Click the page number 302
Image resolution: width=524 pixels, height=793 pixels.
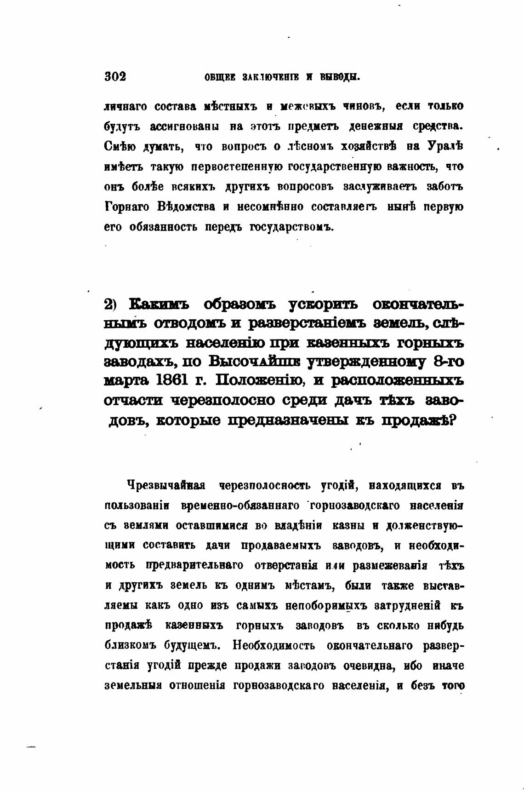point(115,76)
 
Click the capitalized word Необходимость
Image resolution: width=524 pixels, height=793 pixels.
point(274,646)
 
